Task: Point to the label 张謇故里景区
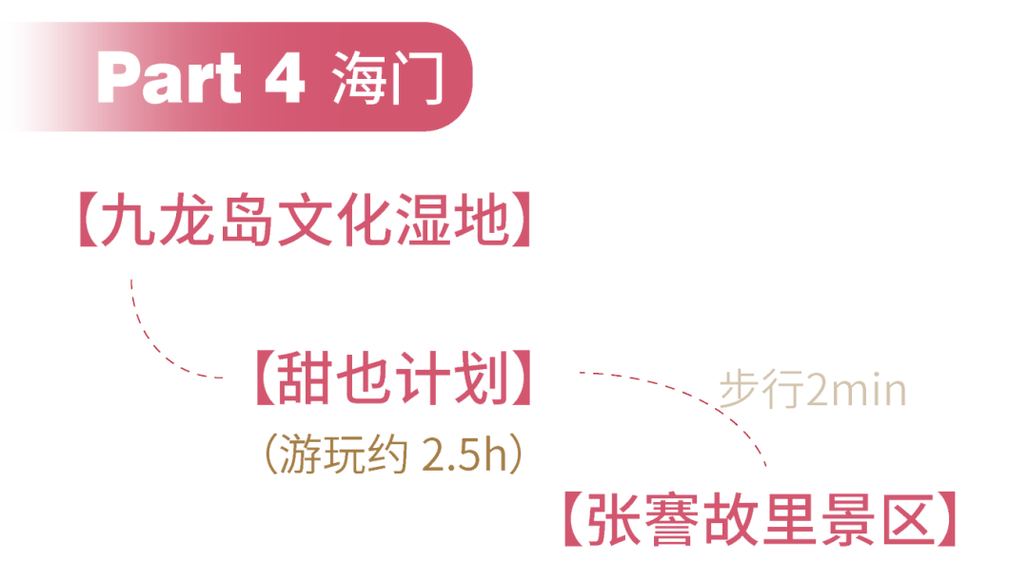point(758,520)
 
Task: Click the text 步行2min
point(812,392)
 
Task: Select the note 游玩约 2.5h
point(393,455)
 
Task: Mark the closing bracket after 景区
point(945,520)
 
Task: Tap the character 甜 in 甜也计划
point(305,378)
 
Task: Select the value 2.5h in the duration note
point(465,455)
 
